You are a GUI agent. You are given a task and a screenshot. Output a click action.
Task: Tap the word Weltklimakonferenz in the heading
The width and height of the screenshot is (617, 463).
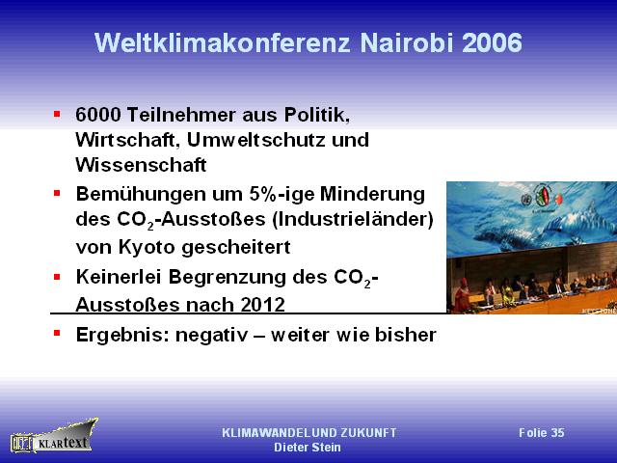coord(223,42)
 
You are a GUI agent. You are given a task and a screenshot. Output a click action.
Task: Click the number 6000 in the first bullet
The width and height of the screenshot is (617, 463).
coord(98,115)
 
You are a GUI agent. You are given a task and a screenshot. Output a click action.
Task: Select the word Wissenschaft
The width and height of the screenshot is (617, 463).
coord(141,165)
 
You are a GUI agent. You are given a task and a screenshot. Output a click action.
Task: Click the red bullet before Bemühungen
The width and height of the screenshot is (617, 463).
coord(57,193)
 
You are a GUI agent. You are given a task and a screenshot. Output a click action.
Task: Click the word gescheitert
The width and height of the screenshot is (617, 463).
coord(236,248)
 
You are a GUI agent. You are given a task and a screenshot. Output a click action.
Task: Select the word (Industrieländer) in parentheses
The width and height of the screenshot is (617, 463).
coord(353,219)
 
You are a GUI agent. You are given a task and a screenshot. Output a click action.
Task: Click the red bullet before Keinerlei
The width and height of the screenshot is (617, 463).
coord(57,277)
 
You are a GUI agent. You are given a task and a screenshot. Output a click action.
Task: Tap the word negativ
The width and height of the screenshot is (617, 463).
coord(212,336)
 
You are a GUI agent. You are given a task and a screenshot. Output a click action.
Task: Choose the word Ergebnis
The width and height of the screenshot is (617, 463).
coord(122,336)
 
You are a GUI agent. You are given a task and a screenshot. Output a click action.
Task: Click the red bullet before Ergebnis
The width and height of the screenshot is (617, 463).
coord(57,334)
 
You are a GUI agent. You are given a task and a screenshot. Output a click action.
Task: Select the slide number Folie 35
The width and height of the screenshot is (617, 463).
coord(542,433)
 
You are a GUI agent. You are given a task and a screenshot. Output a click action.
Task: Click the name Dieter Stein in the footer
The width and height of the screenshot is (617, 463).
coord(308,448)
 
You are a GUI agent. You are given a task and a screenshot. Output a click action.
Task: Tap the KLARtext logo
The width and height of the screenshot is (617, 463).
coord(54,436)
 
